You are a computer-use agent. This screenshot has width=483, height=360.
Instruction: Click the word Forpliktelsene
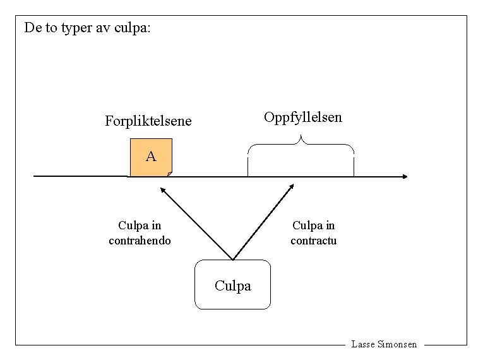[x=148, y=121]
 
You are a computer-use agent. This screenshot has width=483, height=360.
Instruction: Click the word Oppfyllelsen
[x=303, y=117]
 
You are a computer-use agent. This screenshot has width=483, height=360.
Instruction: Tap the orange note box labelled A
[x=151, y=157]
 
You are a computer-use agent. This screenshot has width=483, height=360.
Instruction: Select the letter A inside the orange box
[x=151, y=156]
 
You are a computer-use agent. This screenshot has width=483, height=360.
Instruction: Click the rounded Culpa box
[x=232, y=285]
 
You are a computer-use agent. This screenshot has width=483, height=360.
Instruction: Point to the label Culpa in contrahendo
[x=140, y=232]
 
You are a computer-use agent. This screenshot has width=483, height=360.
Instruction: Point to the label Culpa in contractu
[x=314, y=232]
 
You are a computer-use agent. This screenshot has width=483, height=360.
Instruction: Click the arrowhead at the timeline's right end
[x=405, y=176]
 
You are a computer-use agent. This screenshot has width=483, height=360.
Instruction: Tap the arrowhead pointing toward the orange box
[x=162, y=189]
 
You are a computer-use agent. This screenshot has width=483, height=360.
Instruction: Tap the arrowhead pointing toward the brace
[x=291, y=186]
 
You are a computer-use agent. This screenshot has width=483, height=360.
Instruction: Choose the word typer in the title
[x=76, y=29]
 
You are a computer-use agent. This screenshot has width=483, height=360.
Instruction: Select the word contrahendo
[x=140, y=241]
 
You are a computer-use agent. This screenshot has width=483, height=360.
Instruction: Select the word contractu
[x=314, y=241]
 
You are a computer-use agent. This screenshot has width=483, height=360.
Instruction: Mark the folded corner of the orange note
[x=169, y=174]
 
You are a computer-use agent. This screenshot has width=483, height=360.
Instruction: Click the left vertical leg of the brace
[x=247, y=165]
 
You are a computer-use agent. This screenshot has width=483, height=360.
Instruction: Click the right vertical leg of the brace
[x=354, y=165]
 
